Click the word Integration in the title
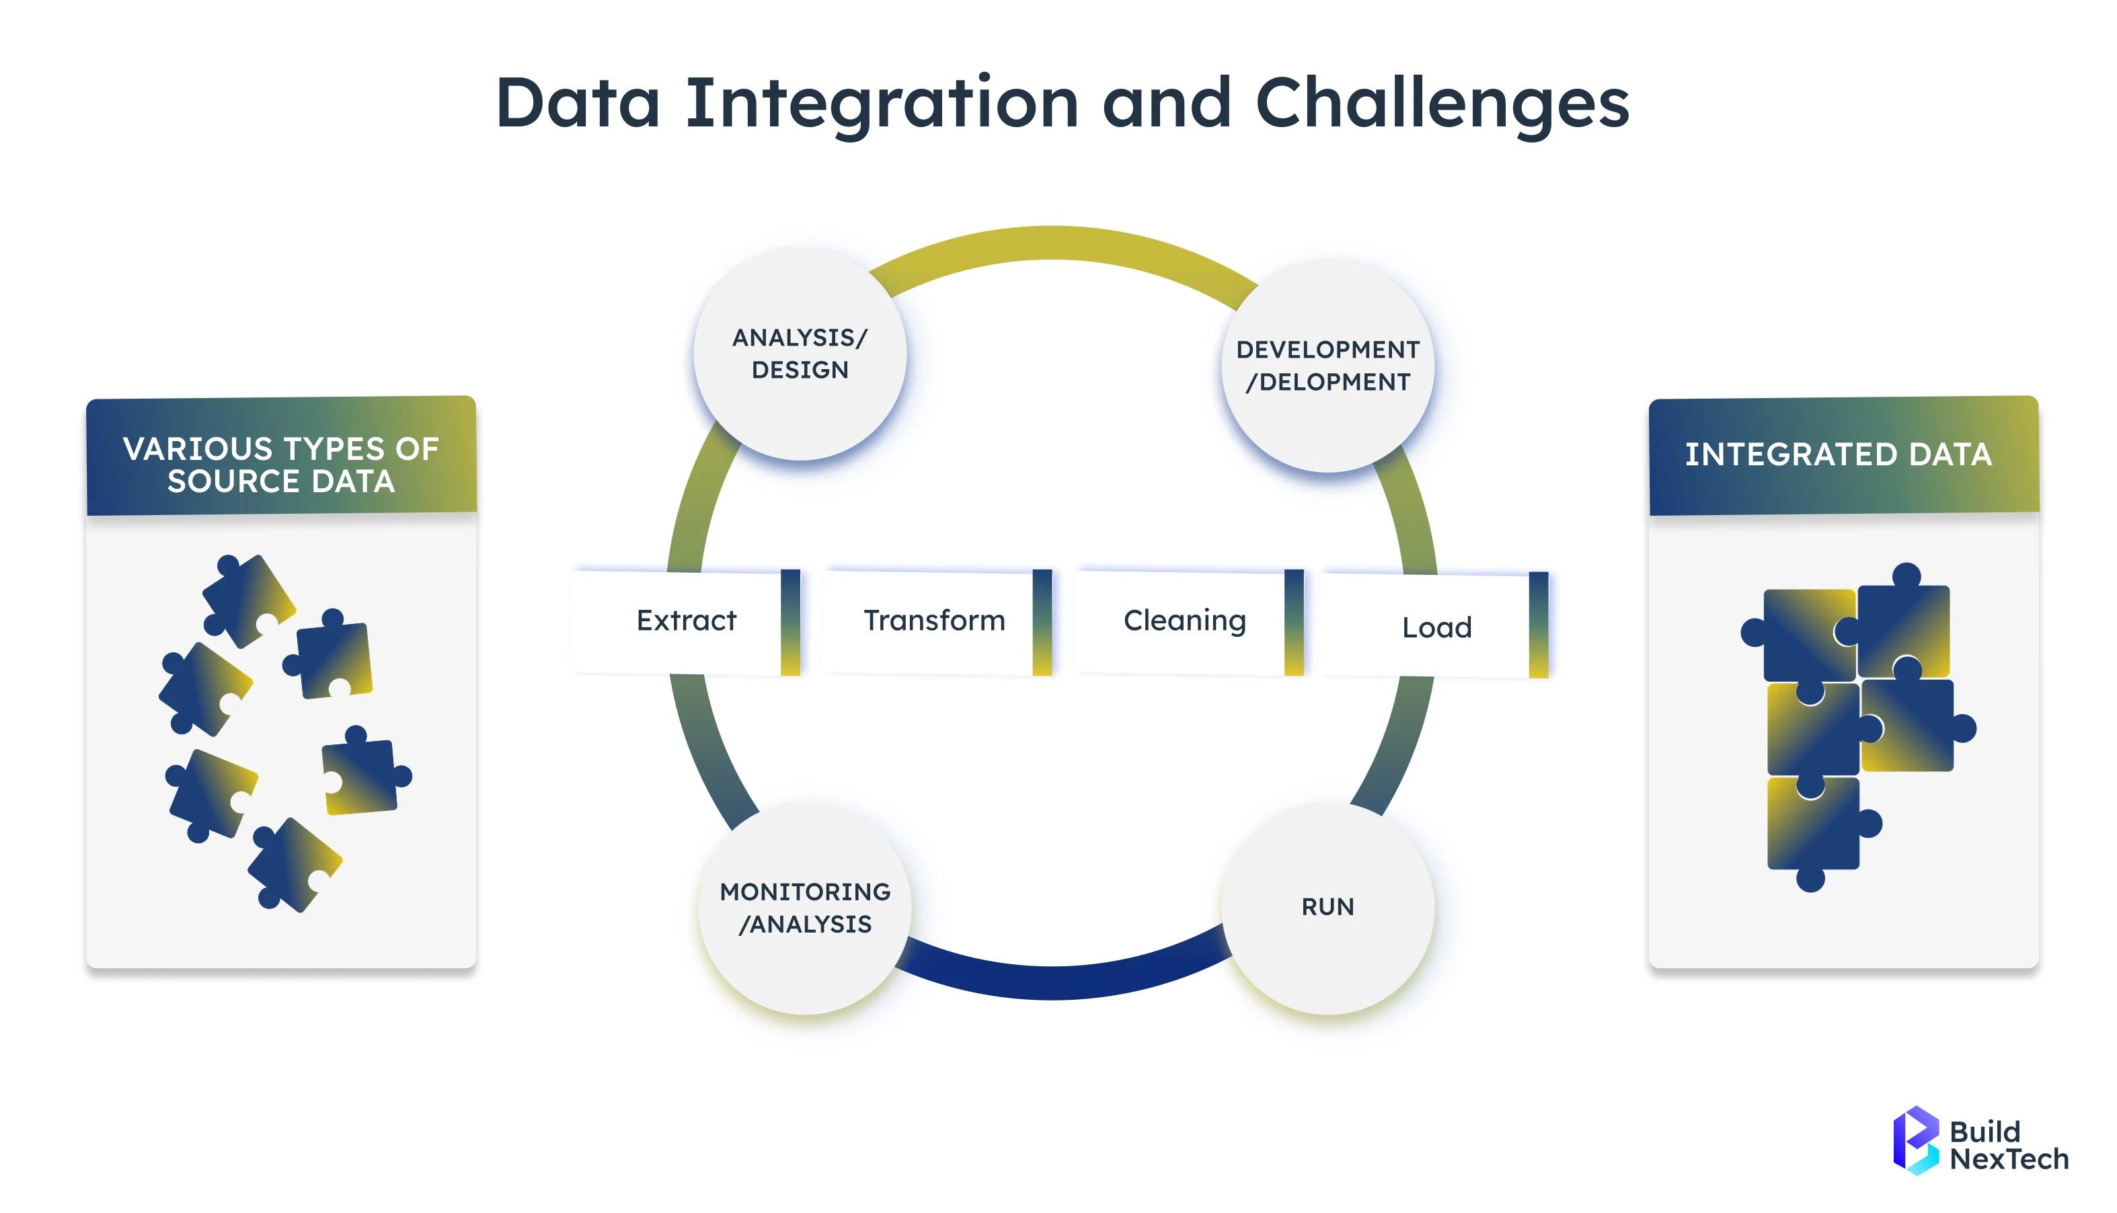point(882,104)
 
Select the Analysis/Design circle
point(800,354)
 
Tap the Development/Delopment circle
point(1327,366)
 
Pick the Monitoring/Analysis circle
point(805,908)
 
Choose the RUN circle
point(1327,907)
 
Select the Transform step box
point(934,621)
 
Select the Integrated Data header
point(1843,457)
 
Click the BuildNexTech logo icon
point(1915,1140)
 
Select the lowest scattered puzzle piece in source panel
point(293,865)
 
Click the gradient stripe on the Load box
point(1538,625)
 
